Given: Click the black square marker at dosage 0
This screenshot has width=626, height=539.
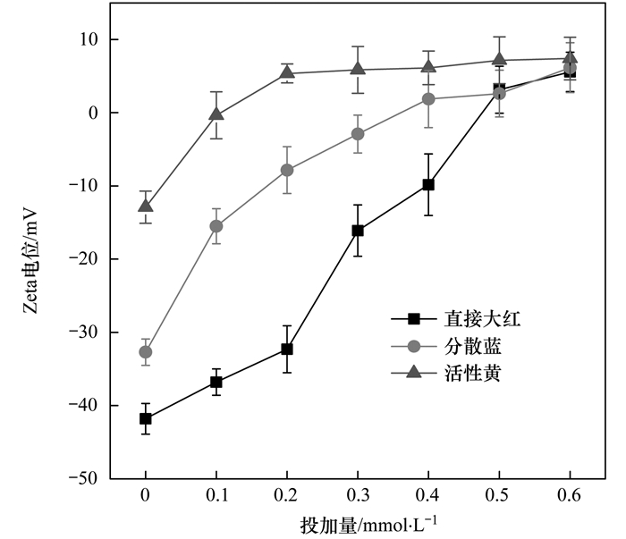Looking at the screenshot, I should pyautogui.click(x=145, y=418).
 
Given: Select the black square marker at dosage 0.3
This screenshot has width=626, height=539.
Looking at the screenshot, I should pyautogui.click(x=358, y=231).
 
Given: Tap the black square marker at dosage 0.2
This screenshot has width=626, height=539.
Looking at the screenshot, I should pyautogui.click(x=287, y=349).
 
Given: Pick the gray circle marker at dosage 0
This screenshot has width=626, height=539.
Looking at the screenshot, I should pyautogui.click(x=145, y=351).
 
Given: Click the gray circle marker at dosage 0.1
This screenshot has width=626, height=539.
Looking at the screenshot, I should pyautogui.click(x=216, y=226).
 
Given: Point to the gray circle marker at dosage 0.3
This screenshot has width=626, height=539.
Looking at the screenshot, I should pyautogui.click(x=358, y=134).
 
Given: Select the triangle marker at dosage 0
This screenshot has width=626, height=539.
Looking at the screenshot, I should pyautogui.click(x=145, y=206).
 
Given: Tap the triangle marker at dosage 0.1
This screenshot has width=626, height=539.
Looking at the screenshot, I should pyautogui.click(x=216, y=114).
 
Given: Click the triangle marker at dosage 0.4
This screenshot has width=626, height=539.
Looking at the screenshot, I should pyautogui.click(x=428, y=67).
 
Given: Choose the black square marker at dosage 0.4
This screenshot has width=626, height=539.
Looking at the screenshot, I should pyautogui.click(x=428, y=184).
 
